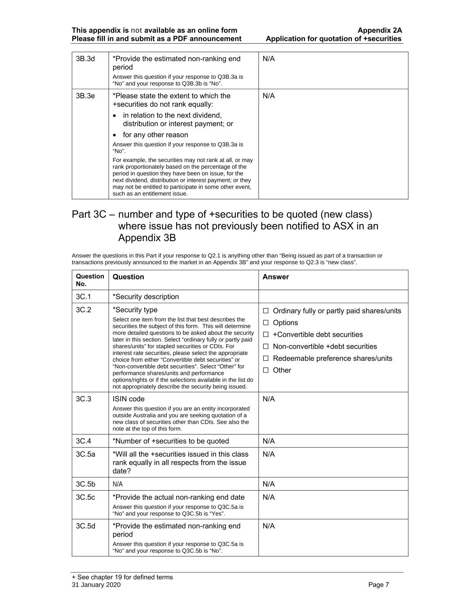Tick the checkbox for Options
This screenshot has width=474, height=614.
[x=266, y=323]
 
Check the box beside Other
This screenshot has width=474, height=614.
[x=266, y=370]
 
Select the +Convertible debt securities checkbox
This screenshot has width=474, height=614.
[x=266, y=335]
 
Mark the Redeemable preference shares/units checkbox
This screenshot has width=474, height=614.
[x=266, y=359]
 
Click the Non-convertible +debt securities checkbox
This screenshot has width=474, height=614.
[x=266, y=347]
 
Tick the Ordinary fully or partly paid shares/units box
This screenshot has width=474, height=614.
[x=266, y=311]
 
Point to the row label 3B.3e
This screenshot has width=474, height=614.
[x=85, y=96]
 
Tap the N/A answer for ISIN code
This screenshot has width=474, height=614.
[x=269, y=399]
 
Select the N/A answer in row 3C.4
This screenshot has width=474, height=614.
[x=269, y=441]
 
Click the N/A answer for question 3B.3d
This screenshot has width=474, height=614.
[x=269, y=59]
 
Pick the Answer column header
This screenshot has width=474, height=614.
[x=275, y=277]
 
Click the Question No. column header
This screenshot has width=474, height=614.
[x=90, y=280]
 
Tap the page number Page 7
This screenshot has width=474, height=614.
[x=378, y=585]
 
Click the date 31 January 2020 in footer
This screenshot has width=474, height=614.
[x=96, y=585]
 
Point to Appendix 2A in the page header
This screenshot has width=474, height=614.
[x=380, y=31]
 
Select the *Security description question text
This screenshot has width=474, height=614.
[x=146, y=297]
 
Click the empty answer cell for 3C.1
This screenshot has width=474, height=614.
[x=333, y=297]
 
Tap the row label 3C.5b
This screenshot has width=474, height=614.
[x=85, y=484]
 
